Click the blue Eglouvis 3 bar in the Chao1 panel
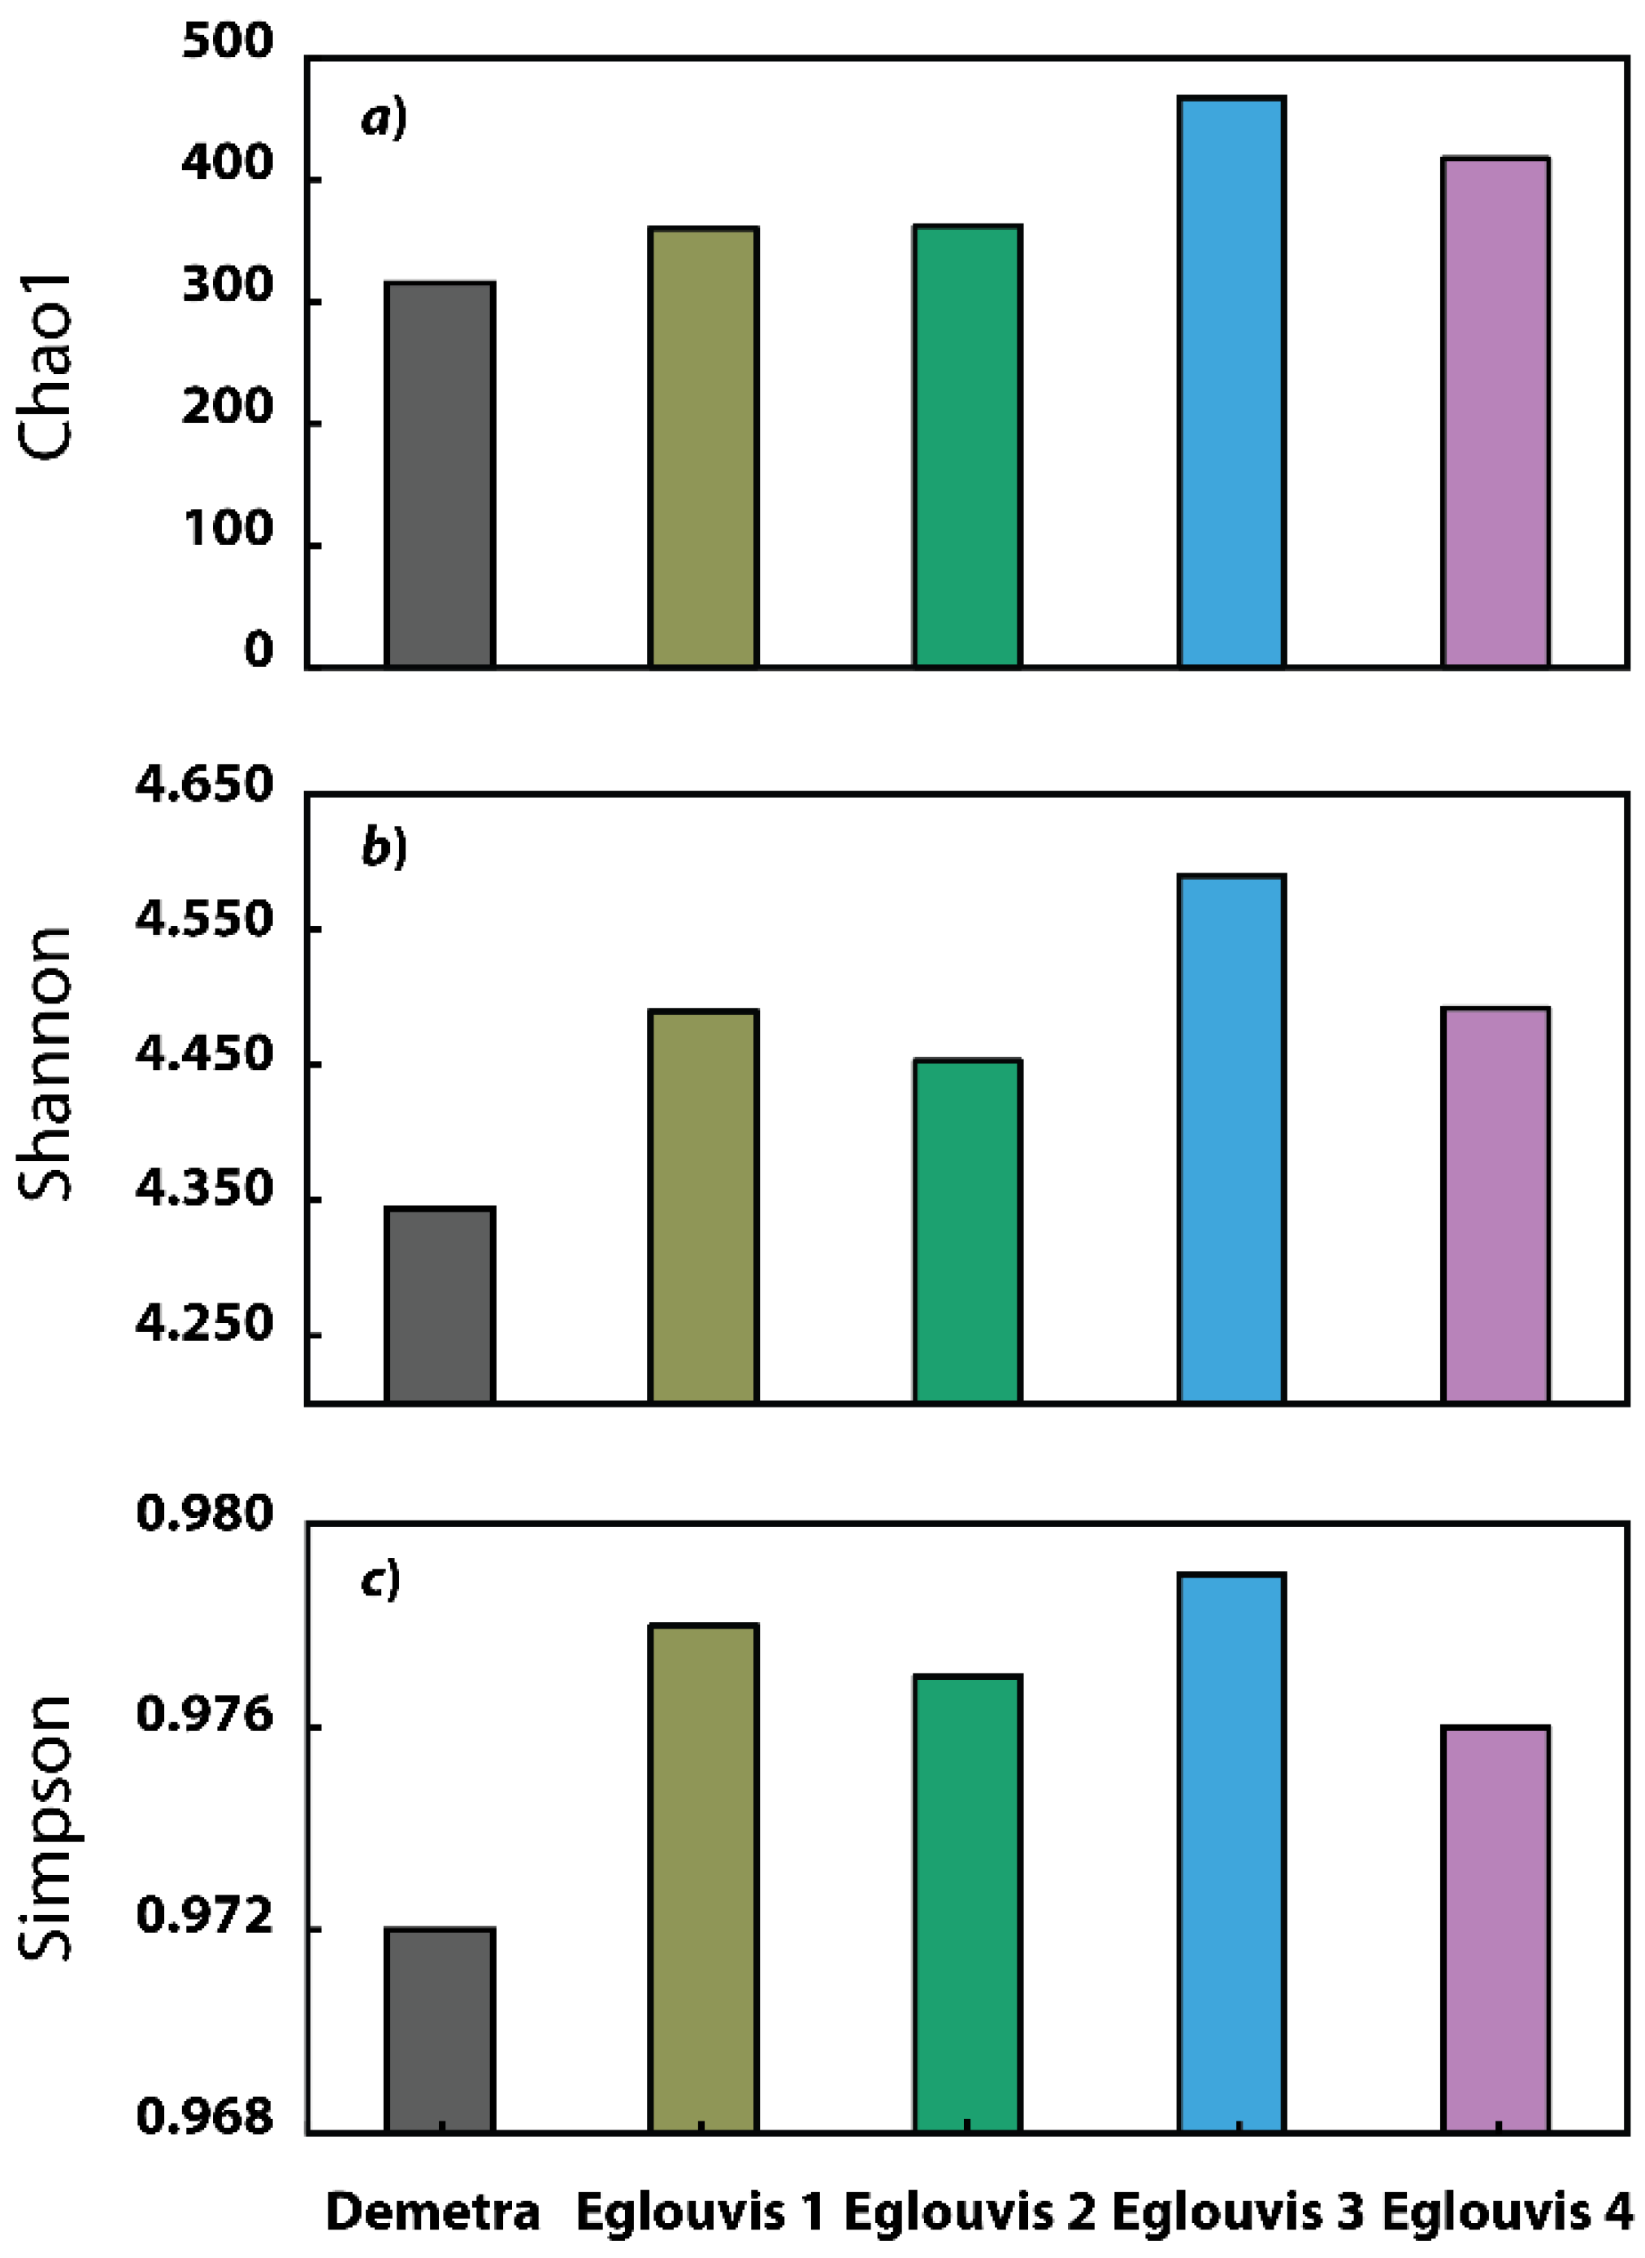click(1232, 381)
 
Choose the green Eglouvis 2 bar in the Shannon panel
click(967, 1230)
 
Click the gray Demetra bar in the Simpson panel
click(441, 2031)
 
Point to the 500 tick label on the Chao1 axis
click(227, 41)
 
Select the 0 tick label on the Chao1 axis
click(258, 650)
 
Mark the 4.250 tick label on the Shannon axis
click(204, 1325)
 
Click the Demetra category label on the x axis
click(433, 2213)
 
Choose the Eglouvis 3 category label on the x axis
click(1237, 2213)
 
